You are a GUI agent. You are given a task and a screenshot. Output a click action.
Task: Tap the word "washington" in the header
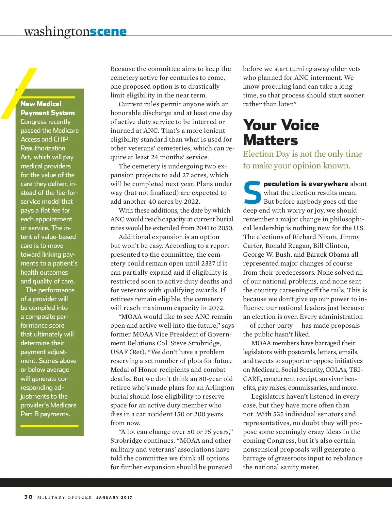[57, 31]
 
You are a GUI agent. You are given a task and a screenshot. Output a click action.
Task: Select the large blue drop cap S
[252, 193]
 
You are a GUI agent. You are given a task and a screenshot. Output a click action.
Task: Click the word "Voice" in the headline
[300, 125]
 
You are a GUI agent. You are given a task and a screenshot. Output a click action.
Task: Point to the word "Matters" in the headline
[270, 140]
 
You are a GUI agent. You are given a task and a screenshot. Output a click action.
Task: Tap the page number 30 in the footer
[28, 497]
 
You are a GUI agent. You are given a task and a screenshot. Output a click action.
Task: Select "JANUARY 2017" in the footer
[114, 497]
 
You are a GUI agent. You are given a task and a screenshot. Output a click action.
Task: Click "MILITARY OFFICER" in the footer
[64, 497]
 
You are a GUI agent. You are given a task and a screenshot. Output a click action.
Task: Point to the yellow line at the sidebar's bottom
[49, 426]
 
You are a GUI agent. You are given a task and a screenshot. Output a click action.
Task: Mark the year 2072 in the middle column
[216, 308]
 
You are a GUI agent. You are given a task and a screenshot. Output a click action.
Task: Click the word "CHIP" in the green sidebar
[61, 139]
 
